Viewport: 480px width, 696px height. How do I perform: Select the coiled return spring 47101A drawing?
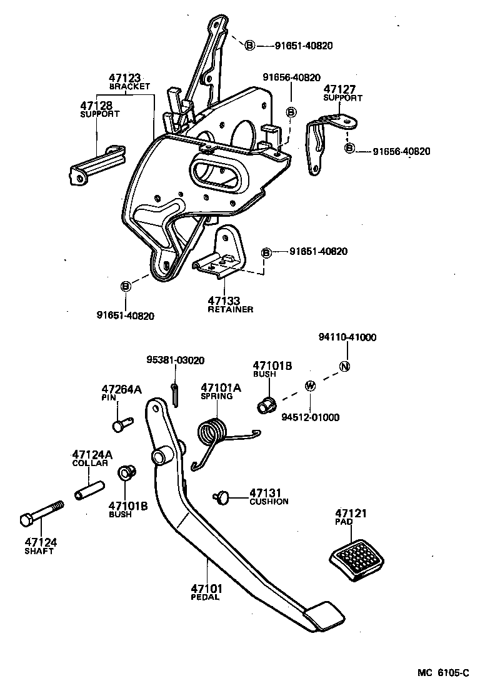(x=212, y=435)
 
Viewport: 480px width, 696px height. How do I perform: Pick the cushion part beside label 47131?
(x=222, y=497)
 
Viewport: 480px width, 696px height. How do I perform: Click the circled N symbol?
(x=344, y=367)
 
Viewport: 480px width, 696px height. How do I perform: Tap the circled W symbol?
(x=310, y=385)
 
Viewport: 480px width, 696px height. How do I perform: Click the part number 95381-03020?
(x=176, y=360)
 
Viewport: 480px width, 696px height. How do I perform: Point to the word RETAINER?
(x=230, y=310)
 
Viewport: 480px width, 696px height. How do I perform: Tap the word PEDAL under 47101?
(x=205, y=597)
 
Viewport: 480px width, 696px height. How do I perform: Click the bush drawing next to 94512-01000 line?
(x=267, y=405)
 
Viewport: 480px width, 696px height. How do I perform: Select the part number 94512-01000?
(x=310, y=417)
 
